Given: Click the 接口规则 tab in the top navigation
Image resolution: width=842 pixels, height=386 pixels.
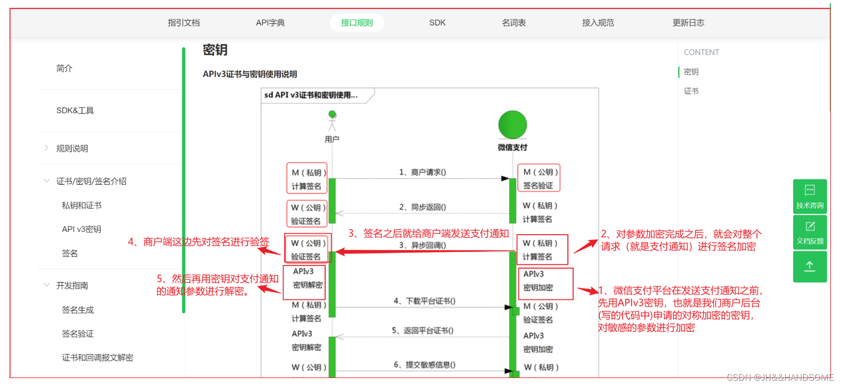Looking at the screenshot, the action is point(356,23).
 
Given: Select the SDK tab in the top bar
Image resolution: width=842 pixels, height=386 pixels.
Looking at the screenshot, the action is point(437,23).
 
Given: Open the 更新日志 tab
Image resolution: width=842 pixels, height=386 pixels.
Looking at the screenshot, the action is point(688,23).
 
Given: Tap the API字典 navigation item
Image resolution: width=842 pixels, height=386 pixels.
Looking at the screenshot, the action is point(270,23).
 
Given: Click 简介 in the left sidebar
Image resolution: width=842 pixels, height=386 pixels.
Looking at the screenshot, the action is point(64,68).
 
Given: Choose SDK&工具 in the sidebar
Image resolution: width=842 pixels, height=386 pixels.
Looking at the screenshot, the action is point(75,110).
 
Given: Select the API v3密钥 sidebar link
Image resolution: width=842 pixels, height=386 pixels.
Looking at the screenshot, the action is point(81,229).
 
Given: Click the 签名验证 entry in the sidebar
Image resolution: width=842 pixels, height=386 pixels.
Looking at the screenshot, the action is point(78,334).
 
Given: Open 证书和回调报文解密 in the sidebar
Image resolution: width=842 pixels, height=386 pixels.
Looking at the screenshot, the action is point(97,358).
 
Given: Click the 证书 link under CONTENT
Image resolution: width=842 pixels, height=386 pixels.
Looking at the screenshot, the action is point(691,91).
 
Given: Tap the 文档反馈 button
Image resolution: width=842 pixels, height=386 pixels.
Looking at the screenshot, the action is point(810,232).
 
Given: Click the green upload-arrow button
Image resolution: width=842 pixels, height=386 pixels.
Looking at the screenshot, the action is point(810,267).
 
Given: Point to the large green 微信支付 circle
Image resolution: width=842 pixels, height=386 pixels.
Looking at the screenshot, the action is point(512,125).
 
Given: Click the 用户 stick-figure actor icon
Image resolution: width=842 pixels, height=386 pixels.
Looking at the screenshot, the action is point(332,121).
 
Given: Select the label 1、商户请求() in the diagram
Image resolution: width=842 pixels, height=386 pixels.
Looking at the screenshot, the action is point(422,172).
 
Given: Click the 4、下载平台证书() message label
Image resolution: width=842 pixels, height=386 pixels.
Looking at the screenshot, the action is point(424,301).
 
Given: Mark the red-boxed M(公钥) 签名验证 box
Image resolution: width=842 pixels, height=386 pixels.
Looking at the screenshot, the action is point(539,178).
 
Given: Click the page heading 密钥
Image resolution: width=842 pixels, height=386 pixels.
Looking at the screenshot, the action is point(215,50).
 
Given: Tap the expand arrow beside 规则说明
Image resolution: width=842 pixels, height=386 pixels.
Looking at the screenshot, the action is point(47,148).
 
